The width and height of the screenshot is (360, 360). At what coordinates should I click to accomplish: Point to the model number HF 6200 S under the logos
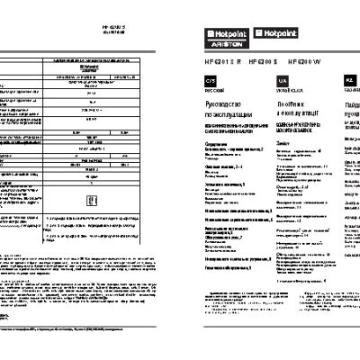(x=258, y=61)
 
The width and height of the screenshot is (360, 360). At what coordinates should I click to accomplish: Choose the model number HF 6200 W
(x=301, y=61)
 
